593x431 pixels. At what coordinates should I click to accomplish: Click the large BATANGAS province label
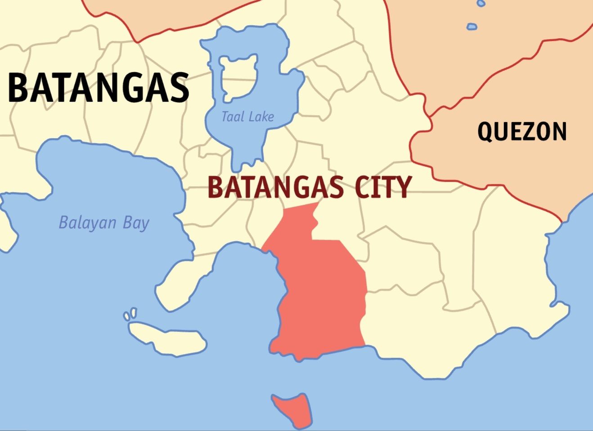[x=98, y=88]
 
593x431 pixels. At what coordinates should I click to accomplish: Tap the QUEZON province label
[x=522, y=132]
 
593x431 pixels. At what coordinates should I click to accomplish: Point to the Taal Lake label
[x=247, y=117]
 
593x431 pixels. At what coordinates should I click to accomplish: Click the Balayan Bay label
[x=104, y=223]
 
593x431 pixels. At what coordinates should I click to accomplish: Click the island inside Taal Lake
[x=239, y=77]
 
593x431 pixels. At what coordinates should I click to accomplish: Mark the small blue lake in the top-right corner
[x=472, y=27]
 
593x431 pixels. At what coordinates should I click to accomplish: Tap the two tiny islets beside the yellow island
[x=130, y=314]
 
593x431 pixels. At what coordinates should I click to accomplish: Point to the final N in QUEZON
[x=559, y=132]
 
